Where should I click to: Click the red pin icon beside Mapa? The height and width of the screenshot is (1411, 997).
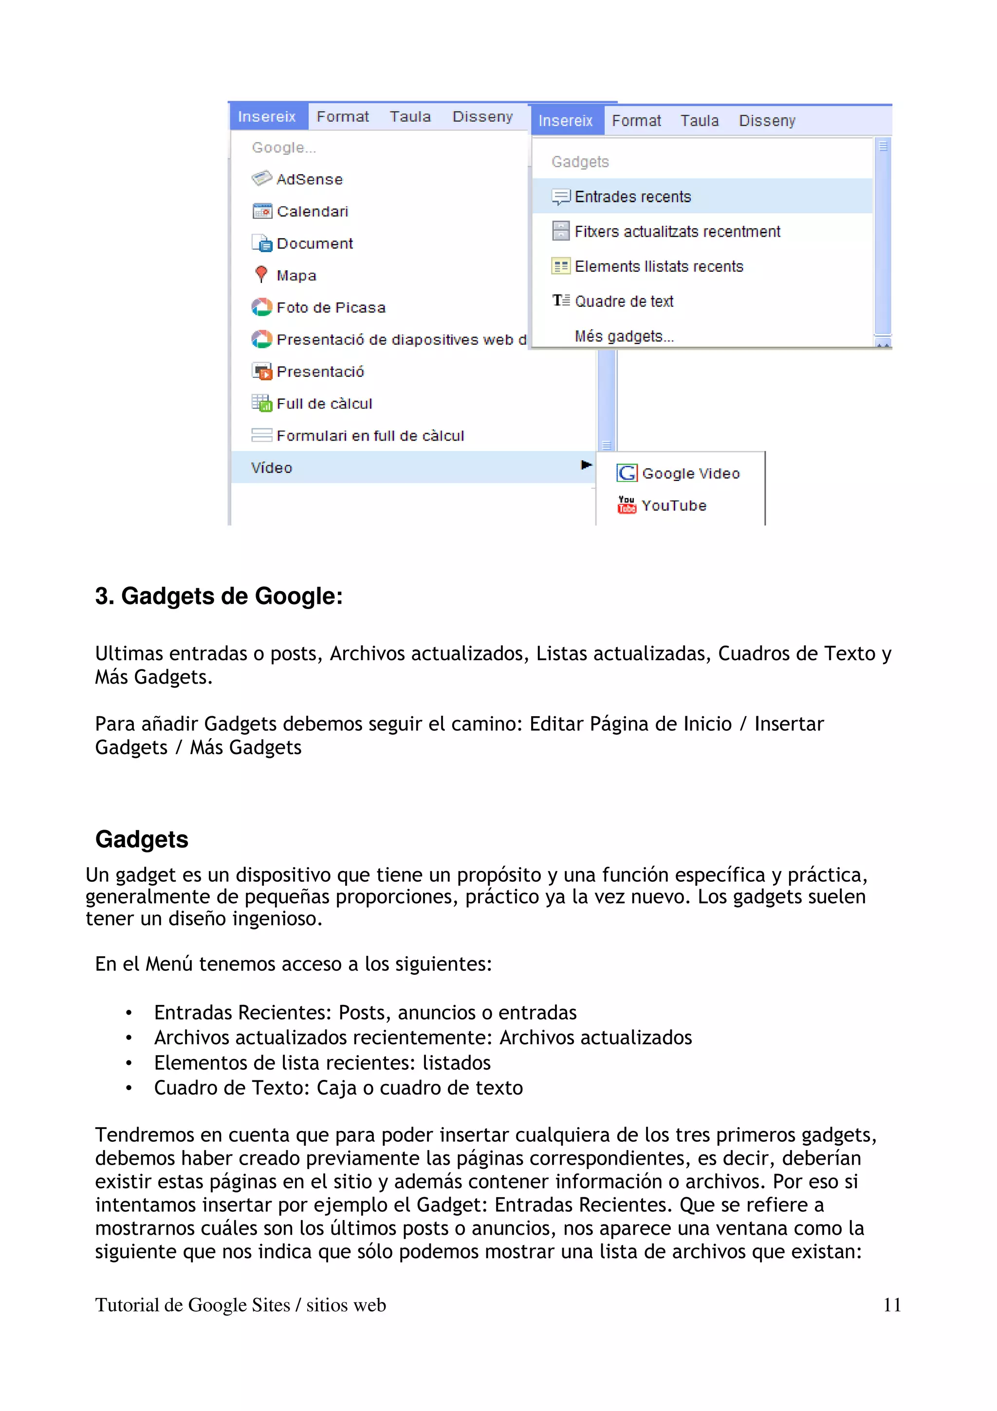click(x=261, y=274)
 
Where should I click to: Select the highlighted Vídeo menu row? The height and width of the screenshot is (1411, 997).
click(x=406, y=468)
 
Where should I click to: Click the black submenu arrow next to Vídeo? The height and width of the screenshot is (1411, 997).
click(x=586, y=465)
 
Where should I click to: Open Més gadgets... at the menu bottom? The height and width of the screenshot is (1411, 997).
click(x=624, y=336)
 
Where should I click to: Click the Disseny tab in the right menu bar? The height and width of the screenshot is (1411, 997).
click(x=767, y=121)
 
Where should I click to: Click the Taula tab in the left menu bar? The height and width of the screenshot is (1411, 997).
click(x=410, y=117)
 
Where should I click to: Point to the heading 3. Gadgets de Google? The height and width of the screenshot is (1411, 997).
click(x=219, y=596)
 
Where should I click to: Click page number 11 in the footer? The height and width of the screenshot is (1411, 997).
click(x=891, y=1305)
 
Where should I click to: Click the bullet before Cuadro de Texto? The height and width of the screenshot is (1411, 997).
click(x=129, y=1088)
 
